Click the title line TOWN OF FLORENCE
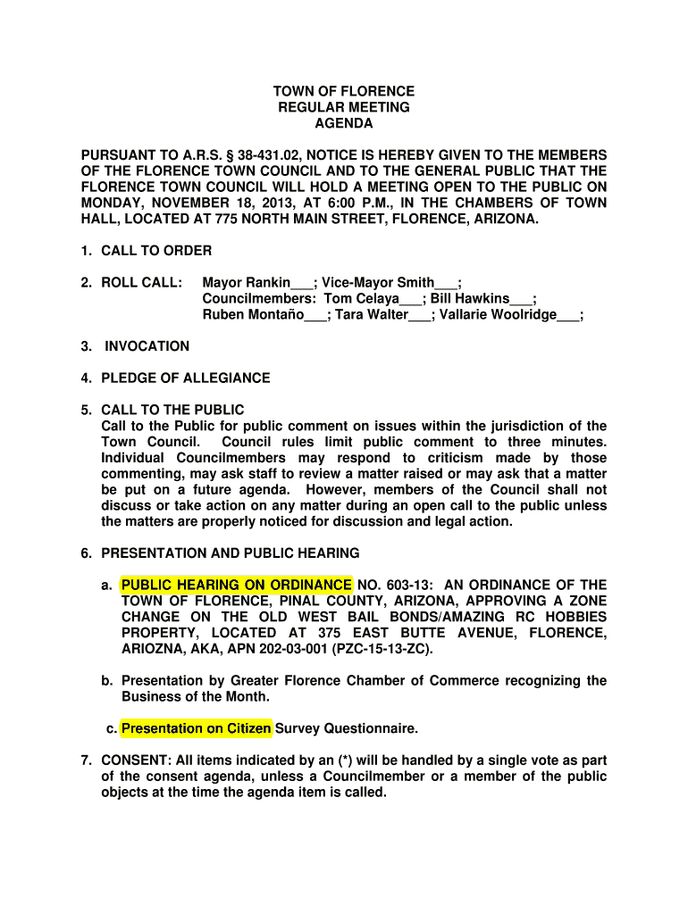point(344,91)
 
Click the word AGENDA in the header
point(344,123)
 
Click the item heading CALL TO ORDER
point(156,251)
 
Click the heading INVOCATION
point(147,346)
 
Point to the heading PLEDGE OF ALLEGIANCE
point(186,378)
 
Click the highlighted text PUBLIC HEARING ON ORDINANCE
point(237,586)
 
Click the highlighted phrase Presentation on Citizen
point(197,729)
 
